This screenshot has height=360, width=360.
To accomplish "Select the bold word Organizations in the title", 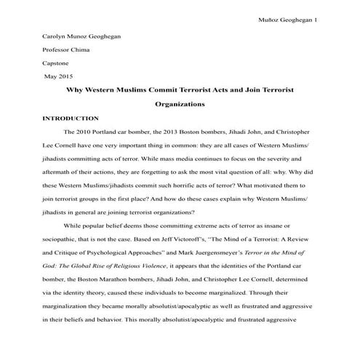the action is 180,104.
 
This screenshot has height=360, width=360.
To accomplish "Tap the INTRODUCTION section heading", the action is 71,117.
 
